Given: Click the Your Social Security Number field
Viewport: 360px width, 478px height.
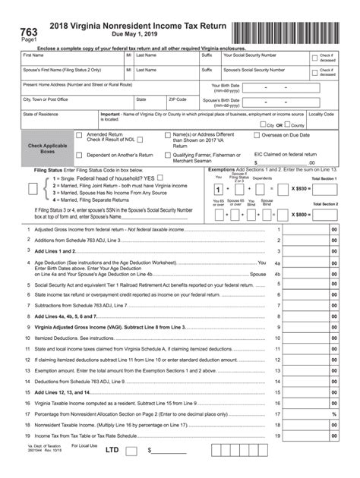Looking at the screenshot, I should click(x=267, y=62).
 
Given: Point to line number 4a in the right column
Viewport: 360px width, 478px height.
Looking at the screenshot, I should click(x=277, y=263).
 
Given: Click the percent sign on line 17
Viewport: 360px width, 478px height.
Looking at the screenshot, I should click(x=333, y=414).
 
